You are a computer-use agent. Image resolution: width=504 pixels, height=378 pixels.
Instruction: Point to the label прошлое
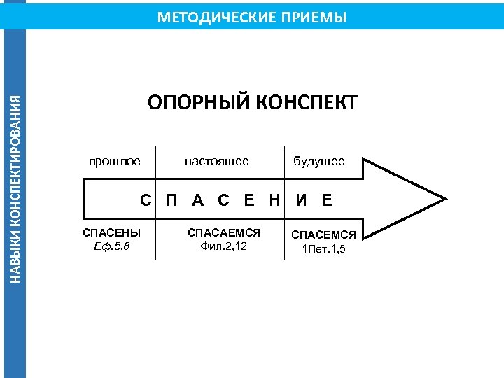(x=115, y=161)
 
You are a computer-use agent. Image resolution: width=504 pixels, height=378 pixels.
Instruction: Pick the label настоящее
(x=217, y=161)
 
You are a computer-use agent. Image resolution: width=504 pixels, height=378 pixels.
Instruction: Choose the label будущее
(x=319, y=161)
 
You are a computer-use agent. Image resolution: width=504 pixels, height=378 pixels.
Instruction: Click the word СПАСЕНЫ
(x=112, y=232)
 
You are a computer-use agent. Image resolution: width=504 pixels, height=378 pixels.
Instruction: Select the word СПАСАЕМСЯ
(x=224, y=232)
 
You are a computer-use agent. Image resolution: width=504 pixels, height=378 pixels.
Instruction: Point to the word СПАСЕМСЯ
(x=324, y=234)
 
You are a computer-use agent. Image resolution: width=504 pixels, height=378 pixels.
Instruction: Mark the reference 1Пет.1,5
(x=324, y=248)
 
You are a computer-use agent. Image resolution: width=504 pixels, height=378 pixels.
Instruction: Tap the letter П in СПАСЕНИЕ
(x=171, y=201)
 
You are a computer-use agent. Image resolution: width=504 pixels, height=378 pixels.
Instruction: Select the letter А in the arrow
(x=198, y=201)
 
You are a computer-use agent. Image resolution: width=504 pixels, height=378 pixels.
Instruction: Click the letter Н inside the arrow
(x=274, y=201)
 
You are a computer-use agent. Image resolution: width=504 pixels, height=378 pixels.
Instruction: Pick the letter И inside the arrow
(x=301, y=201)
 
